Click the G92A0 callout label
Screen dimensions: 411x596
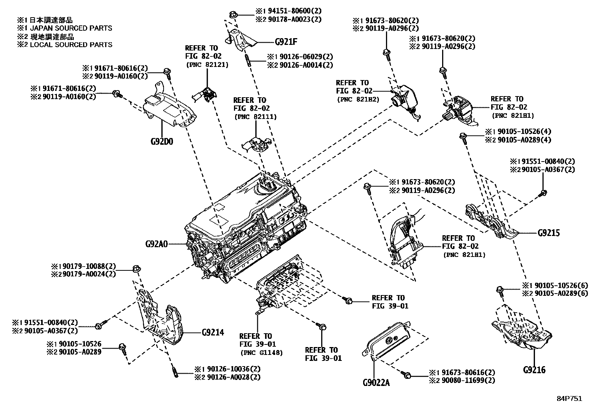(157, 245)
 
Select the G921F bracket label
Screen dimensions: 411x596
(286, 42)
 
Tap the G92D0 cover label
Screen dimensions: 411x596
(162, 142)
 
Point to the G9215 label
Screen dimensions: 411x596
(548, 233)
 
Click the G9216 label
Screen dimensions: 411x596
(534, 370)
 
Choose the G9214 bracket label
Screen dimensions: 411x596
(213, 332)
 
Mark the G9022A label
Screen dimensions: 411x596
(376, 383)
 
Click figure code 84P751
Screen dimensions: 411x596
(570, 399)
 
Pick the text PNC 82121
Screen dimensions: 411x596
(207, 64)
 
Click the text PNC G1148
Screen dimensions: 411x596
(261, 352)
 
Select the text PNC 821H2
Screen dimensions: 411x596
(358, 99)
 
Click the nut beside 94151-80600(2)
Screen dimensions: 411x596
(232, 15)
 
